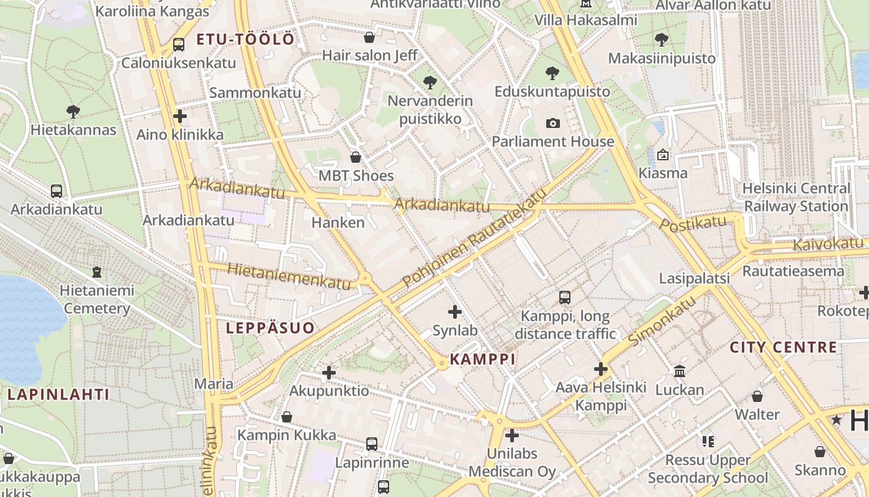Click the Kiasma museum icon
(x=663, y=155)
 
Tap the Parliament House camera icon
(x=553, y=123)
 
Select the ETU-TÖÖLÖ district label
(x=245, y=40)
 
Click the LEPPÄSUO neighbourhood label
(x=270, y=328)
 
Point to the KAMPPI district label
(x=483, y=359)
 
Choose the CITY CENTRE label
(x=783, y=347)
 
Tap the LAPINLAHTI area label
(x=58, y=394)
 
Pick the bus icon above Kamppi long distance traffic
(x=565, y=298)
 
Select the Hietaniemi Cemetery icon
(x=97, y=271)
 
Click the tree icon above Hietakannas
(x=73, y=112)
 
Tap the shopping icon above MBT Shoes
(x=356, y=157)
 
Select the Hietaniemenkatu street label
(x=289, y=276)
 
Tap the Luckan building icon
(x=680, y=372)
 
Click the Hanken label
(x=338, y=222)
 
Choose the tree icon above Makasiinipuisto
(x=662, y=40)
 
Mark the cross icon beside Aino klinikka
(x=180, y=116)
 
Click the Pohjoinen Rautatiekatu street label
(x=475, y=237)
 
